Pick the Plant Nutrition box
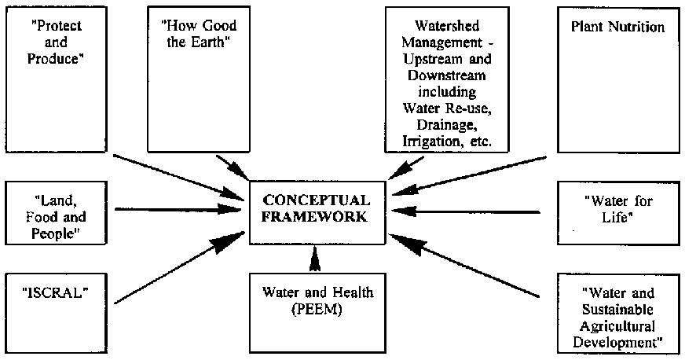tap(616, 79)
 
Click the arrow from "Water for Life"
tap(467, 211)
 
